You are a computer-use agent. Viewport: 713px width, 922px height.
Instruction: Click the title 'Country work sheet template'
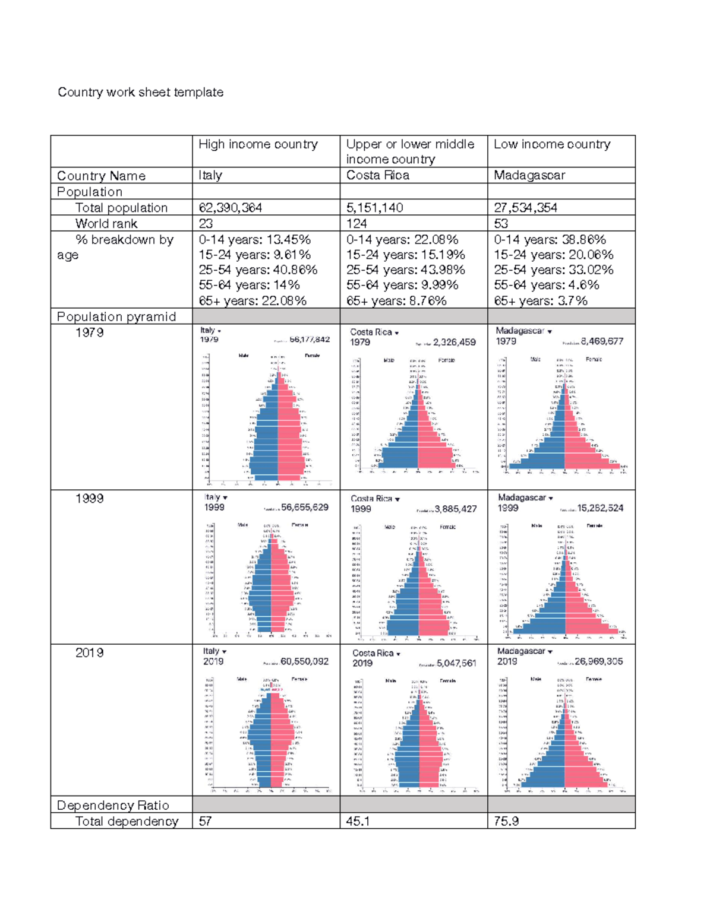(x=140, y=92)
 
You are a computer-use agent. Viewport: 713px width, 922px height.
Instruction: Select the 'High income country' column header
(x=258, y=144)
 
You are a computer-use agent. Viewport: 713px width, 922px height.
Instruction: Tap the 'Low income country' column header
(x=552, y=144)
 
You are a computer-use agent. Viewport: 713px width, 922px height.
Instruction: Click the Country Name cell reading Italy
(x=210, y=175)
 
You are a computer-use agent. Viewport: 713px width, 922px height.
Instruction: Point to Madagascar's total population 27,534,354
(x=525, y=207)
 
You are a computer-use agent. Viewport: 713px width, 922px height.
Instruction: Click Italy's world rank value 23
(x=206, y=223)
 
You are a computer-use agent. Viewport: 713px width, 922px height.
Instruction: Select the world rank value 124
(x=356, y=223)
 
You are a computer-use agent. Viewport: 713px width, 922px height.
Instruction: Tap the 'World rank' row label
(x=106, y=223)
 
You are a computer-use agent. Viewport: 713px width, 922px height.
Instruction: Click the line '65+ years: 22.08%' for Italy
(x=253, y=300)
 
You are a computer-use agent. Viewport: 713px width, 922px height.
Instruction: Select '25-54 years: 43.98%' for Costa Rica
(x=405, y=270)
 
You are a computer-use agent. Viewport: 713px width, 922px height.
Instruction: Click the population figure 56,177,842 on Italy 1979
(x=310, y=340)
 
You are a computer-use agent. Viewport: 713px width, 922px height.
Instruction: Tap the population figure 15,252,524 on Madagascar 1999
(x=600, y=508)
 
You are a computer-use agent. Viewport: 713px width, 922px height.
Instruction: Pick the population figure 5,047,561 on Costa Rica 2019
(x=456, y=663)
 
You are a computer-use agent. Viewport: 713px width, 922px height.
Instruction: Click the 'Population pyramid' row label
(x=116, y=316)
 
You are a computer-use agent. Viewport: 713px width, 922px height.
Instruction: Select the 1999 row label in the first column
(x=90, y=498)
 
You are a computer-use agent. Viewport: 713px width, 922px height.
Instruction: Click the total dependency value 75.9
(x=506, y=821)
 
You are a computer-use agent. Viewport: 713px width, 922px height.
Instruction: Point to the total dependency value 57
(x=205, y=821)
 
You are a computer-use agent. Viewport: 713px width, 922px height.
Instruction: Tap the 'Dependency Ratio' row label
(x=113, y=805)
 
